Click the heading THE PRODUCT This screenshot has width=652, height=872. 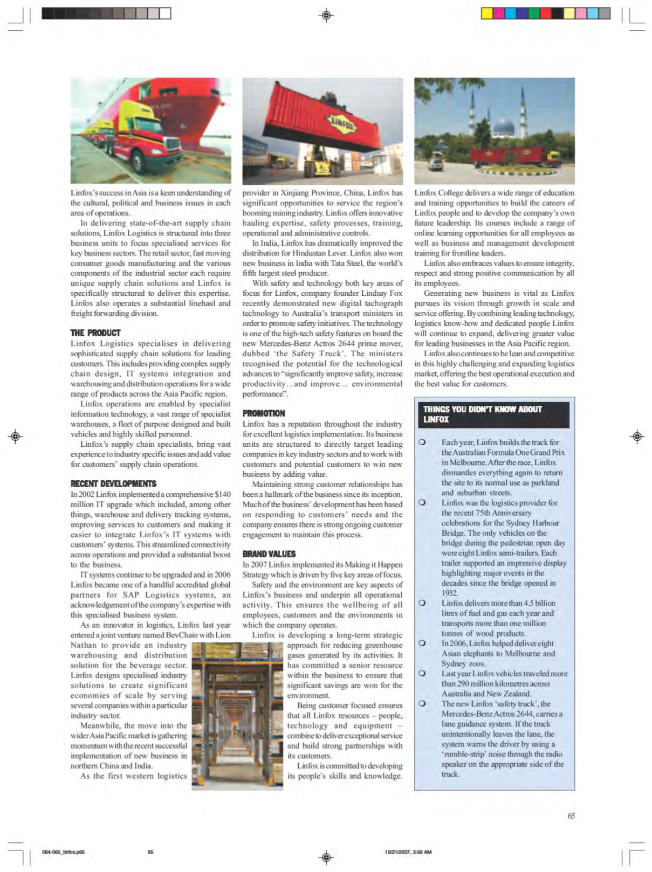pyautogui.click(x=95, y=333)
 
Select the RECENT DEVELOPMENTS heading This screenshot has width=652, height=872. pyautogui.click(x=113, y=484)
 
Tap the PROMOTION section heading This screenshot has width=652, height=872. pyautogui.click(x=264, y=413)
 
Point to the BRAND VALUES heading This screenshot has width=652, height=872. pyautogui.click(x=269, y=554)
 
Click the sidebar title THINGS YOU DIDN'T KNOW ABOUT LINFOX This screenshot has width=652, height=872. pyautogui.click(x=482, y=414)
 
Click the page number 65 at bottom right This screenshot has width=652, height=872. pyautogui.click(x=571, y=816)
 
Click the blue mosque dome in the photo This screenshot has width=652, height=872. pyautogui.click(x=503, y=129)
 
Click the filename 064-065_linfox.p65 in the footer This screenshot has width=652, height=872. pyautogui.click(x=63, y=852)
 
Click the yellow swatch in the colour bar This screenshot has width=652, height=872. pyautogui.click(x=486, y=13)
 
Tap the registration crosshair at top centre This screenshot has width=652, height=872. pyautogui.click(x=326, y=15)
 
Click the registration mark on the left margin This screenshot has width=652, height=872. pyautogui.click(x=16, y=436)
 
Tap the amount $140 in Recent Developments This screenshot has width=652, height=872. pyautogui.click(x=223, y=494)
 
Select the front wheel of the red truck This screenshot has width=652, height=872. pyautogui.click(x=139, y=162)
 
